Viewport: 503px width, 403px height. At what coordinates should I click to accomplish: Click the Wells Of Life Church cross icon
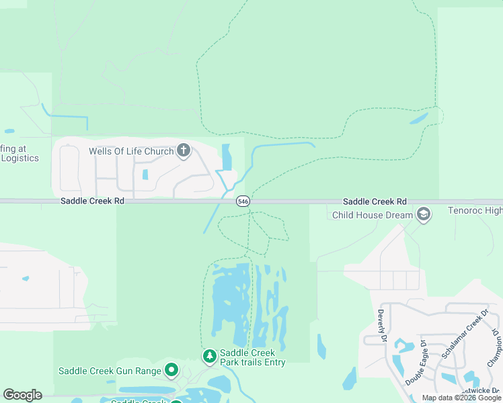[x=184, y=151]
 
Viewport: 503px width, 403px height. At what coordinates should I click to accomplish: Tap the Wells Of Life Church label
[x=131, y=151]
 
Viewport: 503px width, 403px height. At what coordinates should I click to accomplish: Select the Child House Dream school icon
[x=423, y=215]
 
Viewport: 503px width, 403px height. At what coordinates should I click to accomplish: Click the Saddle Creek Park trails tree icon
[x=210, y=355]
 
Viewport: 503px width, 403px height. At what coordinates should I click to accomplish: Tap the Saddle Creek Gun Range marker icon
[x=172, y=370]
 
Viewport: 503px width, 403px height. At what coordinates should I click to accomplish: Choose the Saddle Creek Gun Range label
[x=110, y=371]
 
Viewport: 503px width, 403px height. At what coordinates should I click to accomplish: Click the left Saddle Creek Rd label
[x=92, y=201]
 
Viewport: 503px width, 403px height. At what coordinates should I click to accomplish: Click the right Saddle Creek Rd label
[x=375, y=201]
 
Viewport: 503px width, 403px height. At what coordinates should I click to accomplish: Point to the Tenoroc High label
[x=475, y=211]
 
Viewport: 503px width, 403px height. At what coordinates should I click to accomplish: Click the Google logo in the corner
[x=22, y=395]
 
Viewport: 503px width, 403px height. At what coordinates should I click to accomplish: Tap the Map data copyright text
[x=461, y=398]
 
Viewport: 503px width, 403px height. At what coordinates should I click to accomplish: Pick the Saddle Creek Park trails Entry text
[x=253, y=358]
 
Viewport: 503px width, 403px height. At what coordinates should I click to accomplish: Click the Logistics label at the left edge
[x=20, y=159]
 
